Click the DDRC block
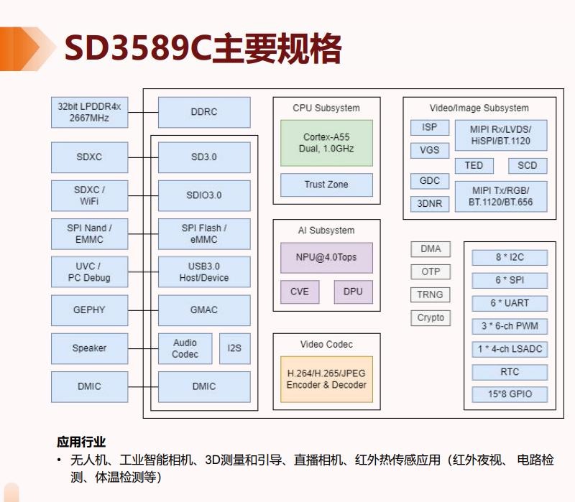pyautogui.click(x=204, y=112)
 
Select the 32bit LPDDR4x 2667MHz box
pyautogui.click(x=89, y=112)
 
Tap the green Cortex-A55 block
pyautogui.click(x=326, y=142)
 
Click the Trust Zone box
pyautogui.click(x=326, y=185)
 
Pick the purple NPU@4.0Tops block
pyautogui.click(x=326, y=257)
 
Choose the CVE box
pyautogui.click(x=299, y=291)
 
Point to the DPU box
pyautogui.click(x=353, y=291)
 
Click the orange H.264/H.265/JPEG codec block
pyautogui.click(x=326, y=378)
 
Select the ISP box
pyautogui.click(x=429, y=127)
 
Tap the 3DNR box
pyautogui.click(x=429, y=203)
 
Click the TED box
pyautogui.click(x=474, y=165)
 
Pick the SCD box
pyautogui.click(x=527, y=165)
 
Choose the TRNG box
pyautogui.click(x=431, y=294)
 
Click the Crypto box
pyautogui.click(x=431, y=317)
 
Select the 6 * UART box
pyautogui.click(x=509, y=303)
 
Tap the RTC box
pyautogui.click(x=509, y=372)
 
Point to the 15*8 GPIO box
pyautogui.click(x=509, y=394)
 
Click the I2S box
pyautogui.click(x=234, y=348)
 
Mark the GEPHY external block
pyautogui.click(x=89, y=310)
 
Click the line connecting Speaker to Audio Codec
pyautogui.click(x=143, y=348)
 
